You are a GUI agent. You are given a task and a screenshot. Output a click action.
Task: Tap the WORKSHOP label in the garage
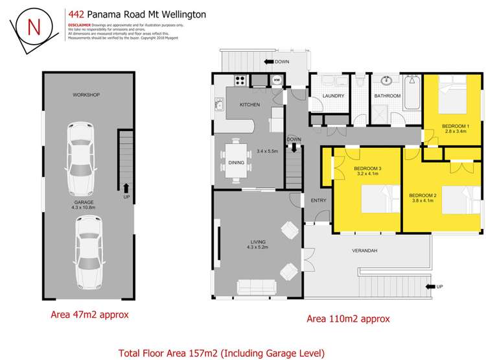[86, 95]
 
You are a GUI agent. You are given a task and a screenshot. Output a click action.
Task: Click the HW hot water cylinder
[277, 80]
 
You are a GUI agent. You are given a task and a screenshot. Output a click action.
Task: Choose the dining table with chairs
[236, 163]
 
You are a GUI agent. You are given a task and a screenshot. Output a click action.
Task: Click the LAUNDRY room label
[332, 96]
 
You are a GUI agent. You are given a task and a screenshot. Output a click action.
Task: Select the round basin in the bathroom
[388, 82]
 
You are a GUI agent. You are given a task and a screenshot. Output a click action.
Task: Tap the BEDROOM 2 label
[422, 195]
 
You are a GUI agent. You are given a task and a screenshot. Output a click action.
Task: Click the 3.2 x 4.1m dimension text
[366, 174]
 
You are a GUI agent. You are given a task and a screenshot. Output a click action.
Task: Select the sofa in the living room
[255, 286]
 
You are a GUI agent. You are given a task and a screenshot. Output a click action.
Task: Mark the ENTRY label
[318, 200]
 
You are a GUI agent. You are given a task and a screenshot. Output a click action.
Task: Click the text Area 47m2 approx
[89, 315]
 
